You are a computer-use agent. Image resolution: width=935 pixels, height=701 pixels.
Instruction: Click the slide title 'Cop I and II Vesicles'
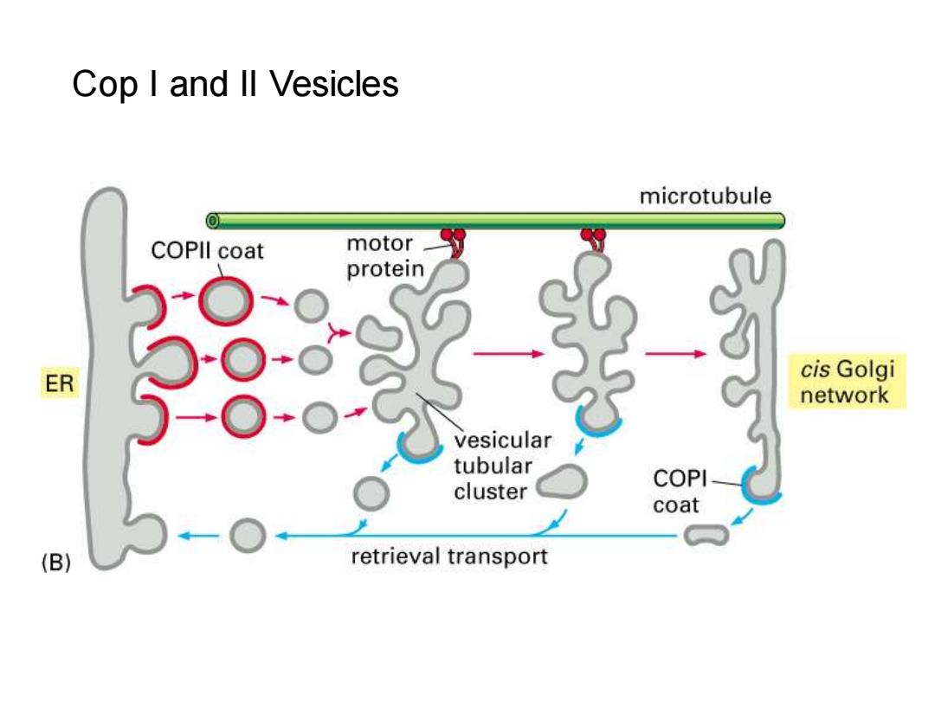point(235,83)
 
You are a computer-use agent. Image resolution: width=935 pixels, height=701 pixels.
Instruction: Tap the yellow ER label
point(59,383)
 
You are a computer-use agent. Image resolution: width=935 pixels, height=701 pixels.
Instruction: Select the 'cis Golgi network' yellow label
point(847,382)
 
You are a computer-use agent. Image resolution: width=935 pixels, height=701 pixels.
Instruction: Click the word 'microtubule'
point(706,196)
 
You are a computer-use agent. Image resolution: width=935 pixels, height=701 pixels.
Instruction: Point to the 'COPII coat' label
point(207,250)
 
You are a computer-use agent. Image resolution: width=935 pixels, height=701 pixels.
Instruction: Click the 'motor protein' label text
point(385,255)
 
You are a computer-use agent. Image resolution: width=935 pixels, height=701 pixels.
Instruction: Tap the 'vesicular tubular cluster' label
point(503,466)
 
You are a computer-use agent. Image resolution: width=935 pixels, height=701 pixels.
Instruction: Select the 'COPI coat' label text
point(680,492)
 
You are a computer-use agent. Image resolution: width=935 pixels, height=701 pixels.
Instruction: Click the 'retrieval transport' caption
point(449,556)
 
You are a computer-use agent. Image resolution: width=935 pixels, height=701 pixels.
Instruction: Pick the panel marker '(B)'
point(56,563)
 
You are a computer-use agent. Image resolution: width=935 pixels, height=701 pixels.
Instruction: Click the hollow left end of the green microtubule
point(212,222)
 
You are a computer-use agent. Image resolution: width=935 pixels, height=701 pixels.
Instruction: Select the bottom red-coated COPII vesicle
point(243,416)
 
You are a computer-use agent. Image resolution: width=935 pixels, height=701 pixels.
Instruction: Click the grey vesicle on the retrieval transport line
point(248,536)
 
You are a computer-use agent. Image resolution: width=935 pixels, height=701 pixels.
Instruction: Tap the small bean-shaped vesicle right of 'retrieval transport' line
point(706,535)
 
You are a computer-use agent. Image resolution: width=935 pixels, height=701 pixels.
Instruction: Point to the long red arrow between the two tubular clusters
point(509,354)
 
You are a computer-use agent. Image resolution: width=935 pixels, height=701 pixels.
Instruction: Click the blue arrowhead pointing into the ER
point(184,536)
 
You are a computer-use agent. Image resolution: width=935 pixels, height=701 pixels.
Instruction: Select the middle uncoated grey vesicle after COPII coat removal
point(315,360)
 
